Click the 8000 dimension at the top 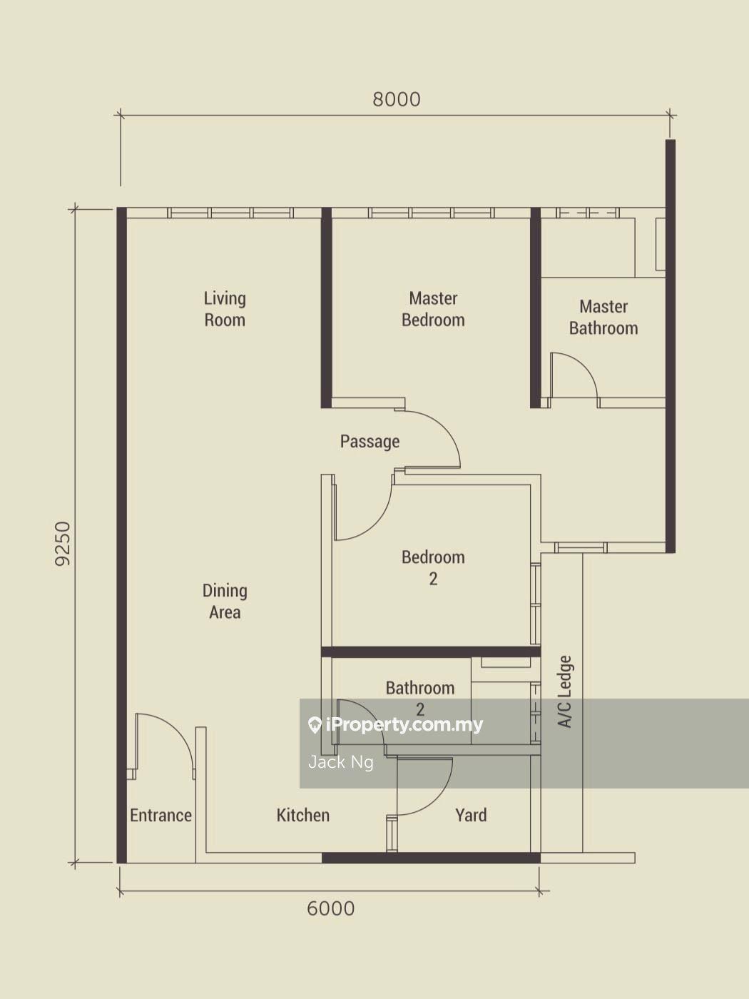coord(397,100)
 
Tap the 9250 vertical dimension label coord(63,544)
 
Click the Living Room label coord(225,310)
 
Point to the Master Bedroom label coord(433,310)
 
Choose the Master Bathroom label coord(603,318)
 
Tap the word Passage coord(370,442)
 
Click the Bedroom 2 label coord(433,568)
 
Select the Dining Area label coord(225,602)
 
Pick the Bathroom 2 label coord(419,699)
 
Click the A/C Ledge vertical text coord(565,691)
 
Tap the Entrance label coord(160,815)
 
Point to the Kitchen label coord(303,815)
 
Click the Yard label coord(471,815)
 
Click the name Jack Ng coord(341,762)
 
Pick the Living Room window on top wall coord(230,213)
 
